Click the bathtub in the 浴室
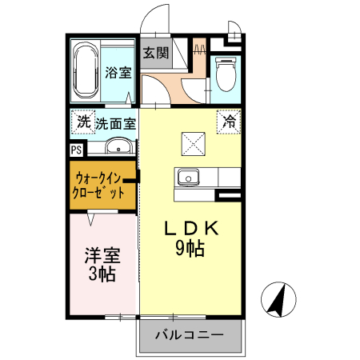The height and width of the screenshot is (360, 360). click(x=84, y=71)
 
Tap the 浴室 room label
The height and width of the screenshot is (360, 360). click(x=118, y=73)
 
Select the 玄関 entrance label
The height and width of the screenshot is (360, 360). click(x=155, y=54)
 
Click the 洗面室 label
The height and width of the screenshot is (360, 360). click(x=115, y=124)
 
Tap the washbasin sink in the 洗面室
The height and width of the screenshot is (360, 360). click(x=118, y=146)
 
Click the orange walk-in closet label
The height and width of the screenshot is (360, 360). click(x=100, y=185)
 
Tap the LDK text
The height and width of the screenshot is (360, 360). click(x=190, y=229)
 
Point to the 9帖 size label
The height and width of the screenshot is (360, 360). click(x=190, y=248)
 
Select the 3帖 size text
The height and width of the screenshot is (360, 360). click(x=102, y=275)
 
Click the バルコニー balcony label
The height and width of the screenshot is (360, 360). click(x=190, y=334)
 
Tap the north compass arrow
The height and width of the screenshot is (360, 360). click(x=278, y=299)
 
